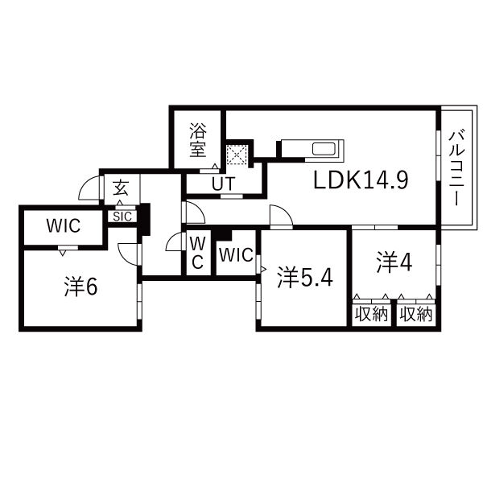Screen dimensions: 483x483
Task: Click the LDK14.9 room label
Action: coord(361,180)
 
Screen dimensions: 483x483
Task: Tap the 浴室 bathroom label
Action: coord(198,140)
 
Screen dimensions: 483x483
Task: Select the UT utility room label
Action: coord(223,184)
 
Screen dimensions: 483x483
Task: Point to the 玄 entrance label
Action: coord(120,188)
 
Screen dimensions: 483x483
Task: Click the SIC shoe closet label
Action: coord(122,217)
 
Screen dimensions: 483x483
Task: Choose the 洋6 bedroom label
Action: coord(80,287)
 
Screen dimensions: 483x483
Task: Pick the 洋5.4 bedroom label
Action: coord(305,277)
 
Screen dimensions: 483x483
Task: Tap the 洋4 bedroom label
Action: coord(394,262)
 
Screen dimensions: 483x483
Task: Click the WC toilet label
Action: coord(198,254)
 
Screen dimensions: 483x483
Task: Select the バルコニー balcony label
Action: coord(456,168)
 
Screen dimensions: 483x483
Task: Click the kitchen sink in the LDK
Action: coord(324,149)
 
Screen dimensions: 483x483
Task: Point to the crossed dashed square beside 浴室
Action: coord(237,154)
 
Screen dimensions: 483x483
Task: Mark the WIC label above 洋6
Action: coord(64,225)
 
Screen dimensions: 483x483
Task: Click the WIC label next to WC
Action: coord(236,255)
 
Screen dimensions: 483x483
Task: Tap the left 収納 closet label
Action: coord(371,315)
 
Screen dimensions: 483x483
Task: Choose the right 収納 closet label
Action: coord(416,315)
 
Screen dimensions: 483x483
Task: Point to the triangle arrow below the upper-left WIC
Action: coord(63,253)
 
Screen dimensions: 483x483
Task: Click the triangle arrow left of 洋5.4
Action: coord(263,270)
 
